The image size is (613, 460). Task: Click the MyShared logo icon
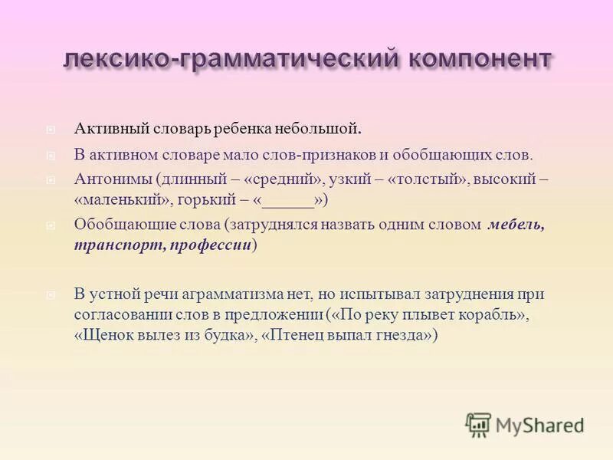tap(478, 425)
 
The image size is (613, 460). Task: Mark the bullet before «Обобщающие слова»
tap(50, 225)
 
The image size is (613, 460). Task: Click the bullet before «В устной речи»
tap(50, 294)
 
